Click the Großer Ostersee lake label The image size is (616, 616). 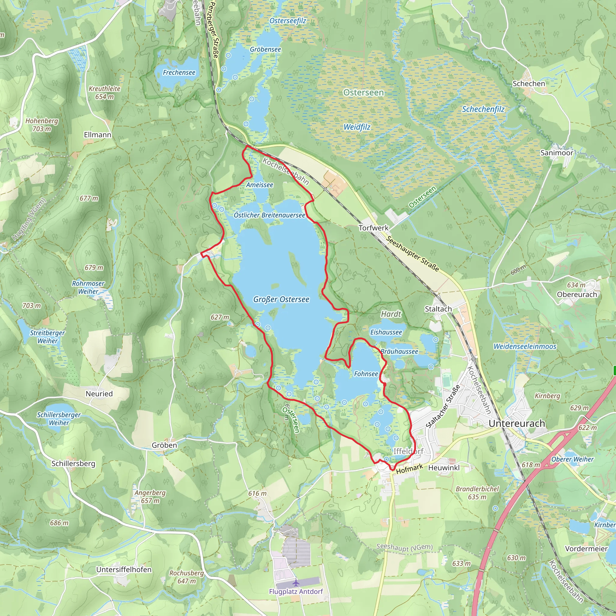point(281,299)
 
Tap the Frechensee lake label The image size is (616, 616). point(179,73)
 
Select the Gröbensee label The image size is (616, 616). point(265,49)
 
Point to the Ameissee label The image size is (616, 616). point(260,185)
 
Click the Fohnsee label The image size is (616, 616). point(366,374)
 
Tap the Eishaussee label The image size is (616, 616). point(386,332)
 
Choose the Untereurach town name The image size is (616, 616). point(516,423)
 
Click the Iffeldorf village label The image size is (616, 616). point(408,451)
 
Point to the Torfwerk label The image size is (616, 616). point(373,228)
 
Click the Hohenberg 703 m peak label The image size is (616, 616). point(42,125)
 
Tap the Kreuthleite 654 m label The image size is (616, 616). point(104,92)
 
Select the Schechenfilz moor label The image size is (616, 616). point(483,109)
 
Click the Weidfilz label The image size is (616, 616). point(357,127)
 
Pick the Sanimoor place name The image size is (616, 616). point(556,153)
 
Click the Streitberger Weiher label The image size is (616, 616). point(48,337)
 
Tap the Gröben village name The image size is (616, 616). point(164,445)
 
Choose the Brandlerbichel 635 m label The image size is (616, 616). point(477,493)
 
